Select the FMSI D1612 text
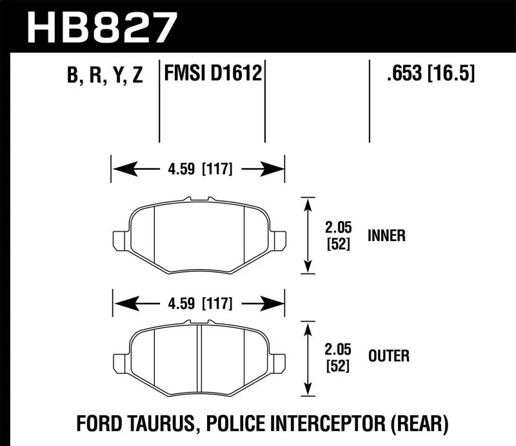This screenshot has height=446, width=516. [x=213, y=74]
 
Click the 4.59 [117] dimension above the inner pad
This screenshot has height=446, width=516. [x=198, y=170]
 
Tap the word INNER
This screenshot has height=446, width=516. [x=387, y=235]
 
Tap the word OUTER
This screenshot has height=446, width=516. [x=388, y=355]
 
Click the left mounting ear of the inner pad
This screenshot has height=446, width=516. [x=121, y=239]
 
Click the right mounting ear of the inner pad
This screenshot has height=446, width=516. [x=278, y=239]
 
